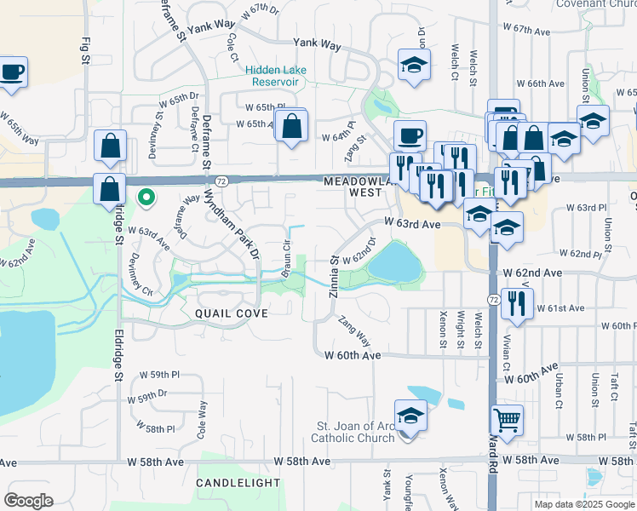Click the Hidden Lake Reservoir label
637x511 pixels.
[x=274, y=76]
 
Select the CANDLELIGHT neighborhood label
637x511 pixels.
[x=238, y=483]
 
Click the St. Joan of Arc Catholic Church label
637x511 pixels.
[x=353, y=432]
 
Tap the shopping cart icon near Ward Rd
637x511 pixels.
[x=507, y=419]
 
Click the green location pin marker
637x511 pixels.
[x=146, y=198]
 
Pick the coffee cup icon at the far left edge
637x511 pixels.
[x=12, y=72]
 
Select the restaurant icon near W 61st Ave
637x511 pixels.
[x=518, y=302]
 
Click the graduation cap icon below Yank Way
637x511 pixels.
[x=414, y=65]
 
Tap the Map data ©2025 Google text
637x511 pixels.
[x=583, y=504]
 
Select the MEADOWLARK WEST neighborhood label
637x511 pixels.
[x=357, y=187]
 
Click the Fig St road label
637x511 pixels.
[x=85, y=50]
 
